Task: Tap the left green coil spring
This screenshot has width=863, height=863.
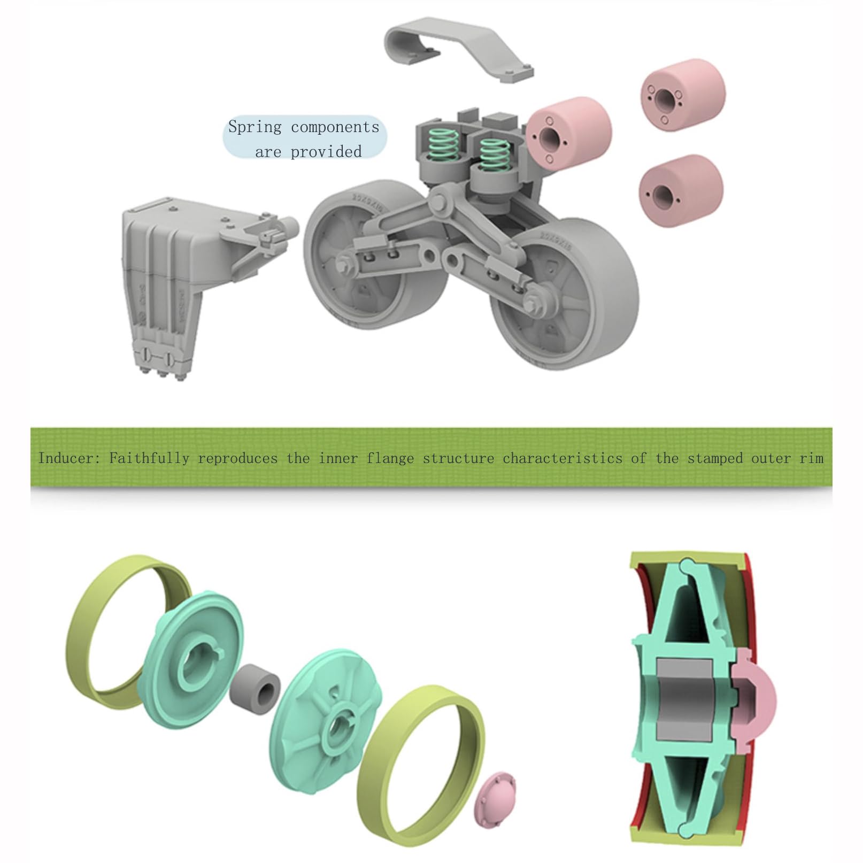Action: [444, 145]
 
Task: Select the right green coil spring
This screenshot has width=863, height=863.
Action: [492, 153]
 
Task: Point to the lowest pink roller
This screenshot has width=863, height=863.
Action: [681, 190]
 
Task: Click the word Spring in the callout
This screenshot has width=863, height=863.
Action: [255, 127]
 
